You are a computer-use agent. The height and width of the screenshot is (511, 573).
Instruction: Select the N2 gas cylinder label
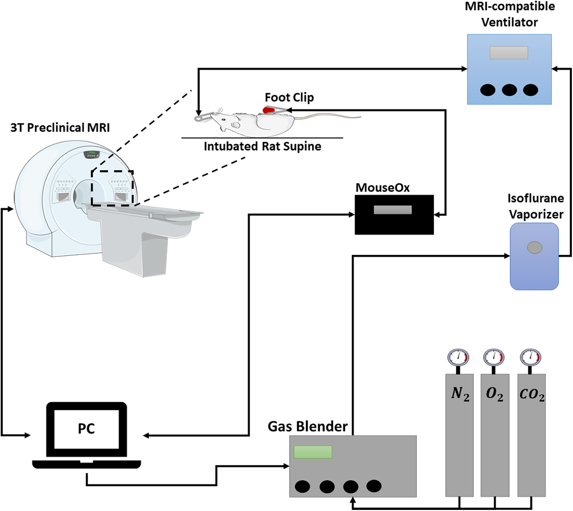(460, 394)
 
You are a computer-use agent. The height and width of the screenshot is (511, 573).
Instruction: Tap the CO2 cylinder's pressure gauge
(531, 357)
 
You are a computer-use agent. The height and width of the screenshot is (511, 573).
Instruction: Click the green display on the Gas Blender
(313, 452)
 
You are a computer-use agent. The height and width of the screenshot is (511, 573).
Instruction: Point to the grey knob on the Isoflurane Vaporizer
(534, 247)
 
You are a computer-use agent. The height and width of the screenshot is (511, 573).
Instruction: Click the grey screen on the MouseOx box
(393, 210)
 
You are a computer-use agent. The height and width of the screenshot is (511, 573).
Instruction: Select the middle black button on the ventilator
(509, 90)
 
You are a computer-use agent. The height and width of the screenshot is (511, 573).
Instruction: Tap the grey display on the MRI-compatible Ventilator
(509, 53)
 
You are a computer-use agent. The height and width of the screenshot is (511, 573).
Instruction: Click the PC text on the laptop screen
(86, 428)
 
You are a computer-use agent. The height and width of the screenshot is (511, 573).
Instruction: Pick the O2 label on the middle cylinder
(494, 394)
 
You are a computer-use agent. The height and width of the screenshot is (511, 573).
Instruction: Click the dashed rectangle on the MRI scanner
(112, 188)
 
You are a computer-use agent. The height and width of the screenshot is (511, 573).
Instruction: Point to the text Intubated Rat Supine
(262, 147)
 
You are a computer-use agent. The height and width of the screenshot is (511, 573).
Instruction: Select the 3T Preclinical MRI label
(60, 128)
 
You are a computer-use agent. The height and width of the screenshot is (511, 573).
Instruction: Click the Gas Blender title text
(307, 426)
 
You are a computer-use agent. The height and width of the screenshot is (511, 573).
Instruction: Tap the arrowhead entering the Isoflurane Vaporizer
(507, 256)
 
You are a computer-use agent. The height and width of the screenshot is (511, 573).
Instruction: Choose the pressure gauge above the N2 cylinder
(458, 357)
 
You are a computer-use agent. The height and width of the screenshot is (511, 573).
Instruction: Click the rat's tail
(328, 116)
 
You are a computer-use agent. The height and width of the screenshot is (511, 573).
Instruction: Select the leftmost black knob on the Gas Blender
(302, 486)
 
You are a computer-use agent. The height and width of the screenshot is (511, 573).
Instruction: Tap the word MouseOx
(382, 188)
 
